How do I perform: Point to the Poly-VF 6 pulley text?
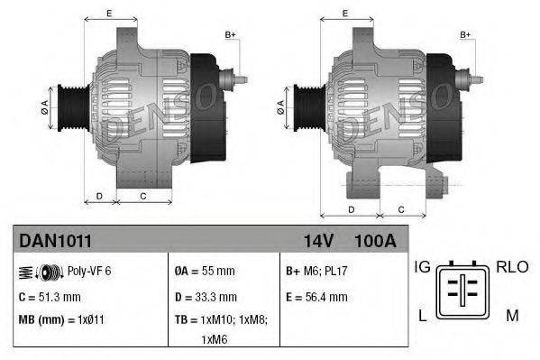point(89,271)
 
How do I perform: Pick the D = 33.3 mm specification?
point(207,296)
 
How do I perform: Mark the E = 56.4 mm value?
point(316,296)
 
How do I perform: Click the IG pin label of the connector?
point(422,267)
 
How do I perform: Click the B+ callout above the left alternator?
point(230,35)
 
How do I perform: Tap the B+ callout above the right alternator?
point(466,35)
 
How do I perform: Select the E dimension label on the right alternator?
point(346,14)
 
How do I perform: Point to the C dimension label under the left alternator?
point(142,195)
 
